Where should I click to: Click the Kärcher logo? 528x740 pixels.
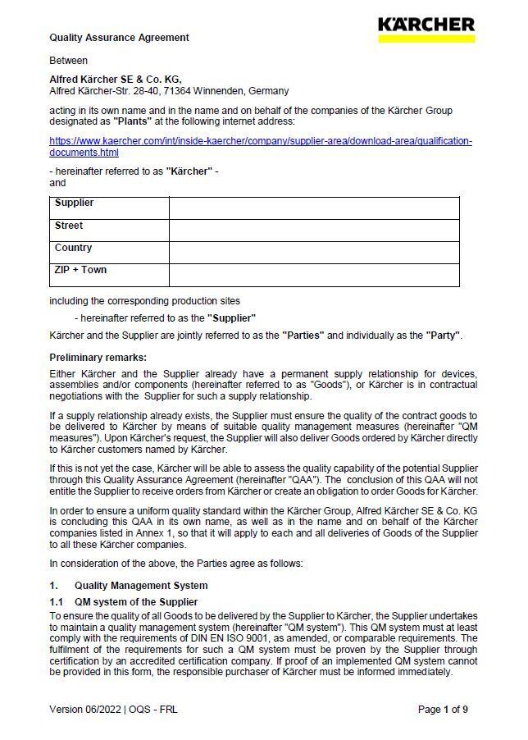point(426,29)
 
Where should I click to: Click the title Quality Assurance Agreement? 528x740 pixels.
point(119,38)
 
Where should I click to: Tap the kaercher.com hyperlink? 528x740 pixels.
point(261,146)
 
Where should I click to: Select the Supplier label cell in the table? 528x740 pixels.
point(109,208)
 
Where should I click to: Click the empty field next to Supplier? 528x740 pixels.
point(314,208)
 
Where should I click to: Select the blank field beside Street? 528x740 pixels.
point(314,230)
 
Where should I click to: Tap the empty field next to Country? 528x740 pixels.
point(314,252)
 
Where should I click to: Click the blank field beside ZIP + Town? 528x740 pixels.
point(314,274)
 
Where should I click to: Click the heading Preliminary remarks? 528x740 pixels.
point(98,358)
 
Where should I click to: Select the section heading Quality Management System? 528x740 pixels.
point(140,586)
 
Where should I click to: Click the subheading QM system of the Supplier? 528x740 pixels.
point(135,602)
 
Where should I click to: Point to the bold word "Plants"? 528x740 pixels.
point(131,121)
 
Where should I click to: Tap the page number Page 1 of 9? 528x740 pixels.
point(443,710)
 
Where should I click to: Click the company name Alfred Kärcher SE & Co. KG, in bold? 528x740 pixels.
point(115,80)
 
